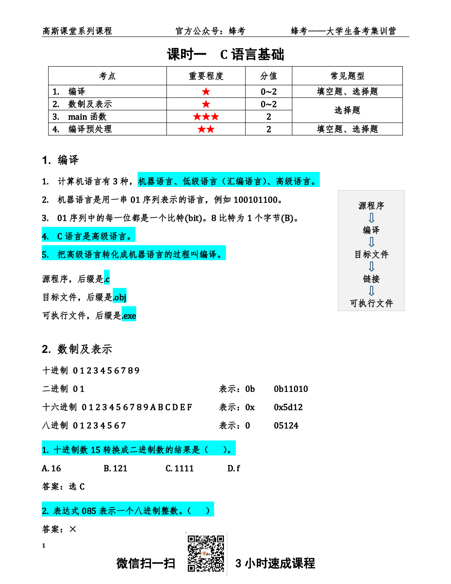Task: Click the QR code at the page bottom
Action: click(x=206, y=553)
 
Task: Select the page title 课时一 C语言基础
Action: click(x=225, y=55)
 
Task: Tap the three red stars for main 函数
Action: click(x=206, y=117)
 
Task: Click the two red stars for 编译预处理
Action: click(x=206, y=129)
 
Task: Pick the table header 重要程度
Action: click(x=206, y=76)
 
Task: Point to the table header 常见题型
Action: click(x=347, y=76)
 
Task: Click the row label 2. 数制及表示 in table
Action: click(x=82, y=104)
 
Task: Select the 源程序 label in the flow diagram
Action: click(x=371, y=206)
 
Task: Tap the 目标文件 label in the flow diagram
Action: click(x=371, y=254)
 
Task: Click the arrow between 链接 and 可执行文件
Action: click(x=371, y=291)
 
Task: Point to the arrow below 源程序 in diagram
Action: click(x=371, y=218)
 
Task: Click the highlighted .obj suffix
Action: click(x=120, y=297)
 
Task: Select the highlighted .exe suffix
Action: click(x=129, y=315)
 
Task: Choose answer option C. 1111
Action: click(x=180, y=468)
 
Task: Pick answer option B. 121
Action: click(x=115, y=468)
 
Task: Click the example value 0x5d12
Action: click(x=288, y=407)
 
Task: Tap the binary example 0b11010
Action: click(x=291, y=389)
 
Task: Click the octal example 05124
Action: click(x=286, y=425)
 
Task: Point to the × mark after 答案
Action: click(x=73, y=529)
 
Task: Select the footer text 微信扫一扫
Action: click(x=146, y=563)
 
